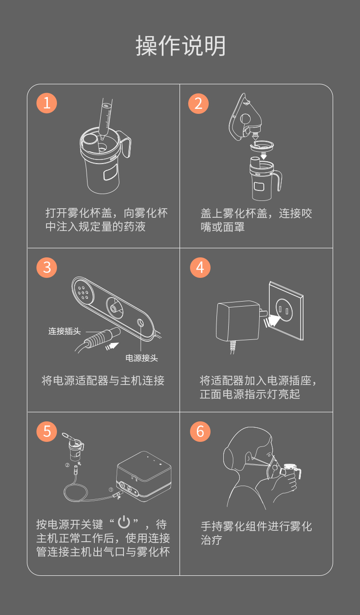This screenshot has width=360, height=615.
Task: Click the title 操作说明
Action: [x=180, y=46]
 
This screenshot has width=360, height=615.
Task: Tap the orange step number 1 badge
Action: [x=47, y=103]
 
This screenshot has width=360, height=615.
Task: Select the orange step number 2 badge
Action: [x=199, y=103]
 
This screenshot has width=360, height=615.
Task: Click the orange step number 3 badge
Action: [x=47, y=267]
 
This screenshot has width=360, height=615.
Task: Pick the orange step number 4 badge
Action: [x=200, y=267]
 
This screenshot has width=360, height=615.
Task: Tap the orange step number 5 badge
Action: [x=47, y=430]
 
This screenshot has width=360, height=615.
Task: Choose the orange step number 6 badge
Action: [x=200, y=430]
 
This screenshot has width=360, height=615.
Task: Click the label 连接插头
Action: [x=64, y=331]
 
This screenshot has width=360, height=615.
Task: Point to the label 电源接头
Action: [x=142, y=358]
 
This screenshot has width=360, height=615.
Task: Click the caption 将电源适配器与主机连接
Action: [x=103, y=381]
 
